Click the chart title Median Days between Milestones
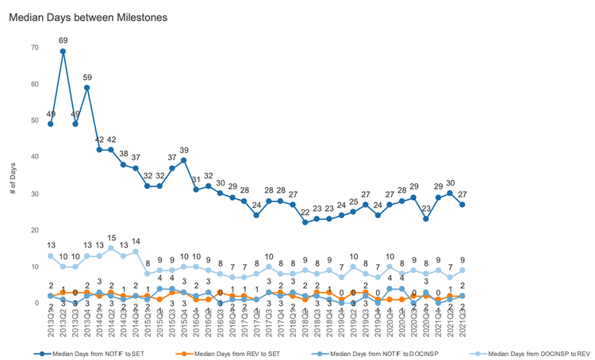pyautogui.click(x=88, y=17)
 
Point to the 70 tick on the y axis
pyautogui.click(x=35, y=48)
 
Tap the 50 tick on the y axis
pyautogui.click(x=35, y=121)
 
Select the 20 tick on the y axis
pyautogui.click(x=35, y=230)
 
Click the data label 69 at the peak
pyautogui.click(x=63, y=40)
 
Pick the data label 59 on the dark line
pyautogui.click(x=87, y=77)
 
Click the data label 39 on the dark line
pyautogui.click(x=184, y=150)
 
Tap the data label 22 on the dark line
pyautogui.click(x=305, y=212)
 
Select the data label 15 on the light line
pyautogui.click(x=111, y=238)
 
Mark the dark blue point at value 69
pyautogui.click(x=63, y=52)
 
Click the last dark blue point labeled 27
pyautogui.click(x=462, y=205)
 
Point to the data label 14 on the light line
pyautogui.click(x=136, y=241)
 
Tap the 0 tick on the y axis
pyautogui.click(x=37, y=303)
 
